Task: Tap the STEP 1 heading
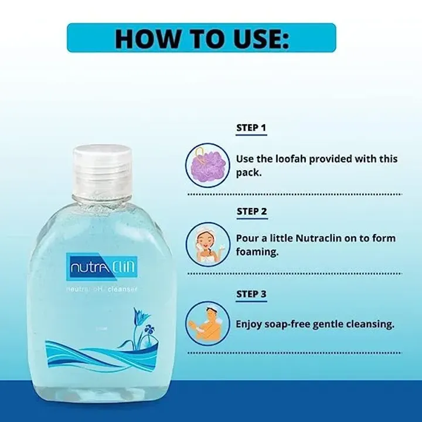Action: pyautogui.click(x=251, y=127)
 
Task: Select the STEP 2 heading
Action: pyautogui.click(x=252, y=211)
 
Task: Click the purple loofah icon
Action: pyautogui.click(x=205, y=164)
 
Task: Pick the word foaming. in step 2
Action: pyautogui.click(x=257, y=253)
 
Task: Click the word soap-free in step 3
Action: pyautogui.click(x=288, y=323)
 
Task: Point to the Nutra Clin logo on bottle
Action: pyautogui.click(x=103, y=268)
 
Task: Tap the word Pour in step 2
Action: pyautogui.click(x=247, y=238)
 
